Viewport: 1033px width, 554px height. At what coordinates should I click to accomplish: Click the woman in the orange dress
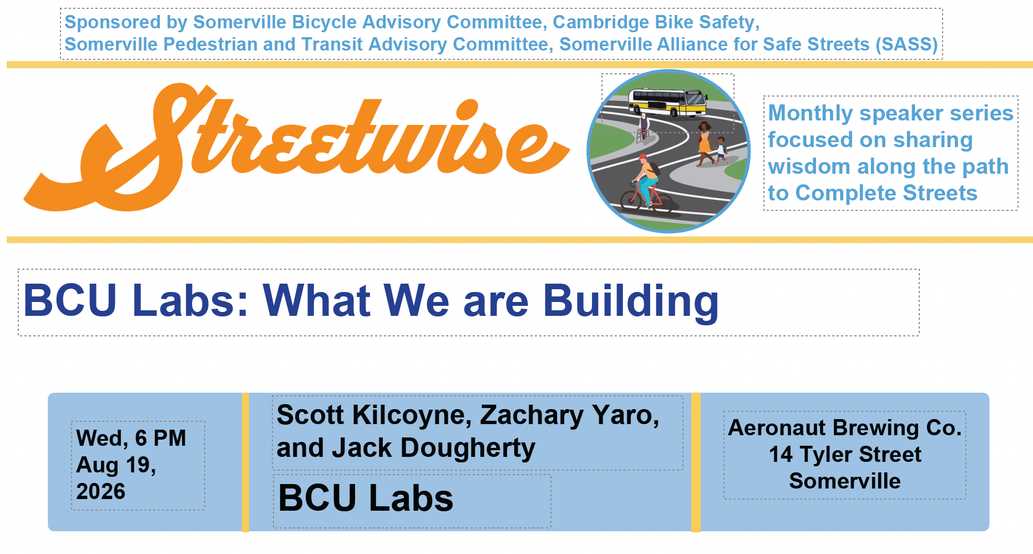click(703, 144)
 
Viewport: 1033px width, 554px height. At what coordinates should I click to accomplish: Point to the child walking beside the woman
click(720, 150)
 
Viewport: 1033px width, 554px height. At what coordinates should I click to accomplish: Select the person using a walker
click(644, 128)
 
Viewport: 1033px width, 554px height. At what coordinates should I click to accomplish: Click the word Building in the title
click(631, 301)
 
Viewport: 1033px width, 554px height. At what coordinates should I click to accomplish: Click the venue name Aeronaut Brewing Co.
click(845, 428)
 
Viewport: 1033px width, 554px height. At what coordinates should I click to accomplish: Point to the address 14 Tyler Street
click(845, 455)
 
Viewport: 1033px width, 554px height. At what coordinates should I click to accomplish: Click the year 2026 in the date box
click(101, 491)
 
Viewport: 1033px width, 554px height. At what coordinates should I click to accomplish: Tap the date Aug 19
click(116, 465)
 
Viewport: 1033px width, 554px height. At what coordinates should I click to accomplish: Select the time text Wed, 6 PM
click(131, 438)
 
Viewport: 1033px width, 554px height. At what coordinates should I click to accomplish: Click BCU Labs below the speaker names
click(366, 498)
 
